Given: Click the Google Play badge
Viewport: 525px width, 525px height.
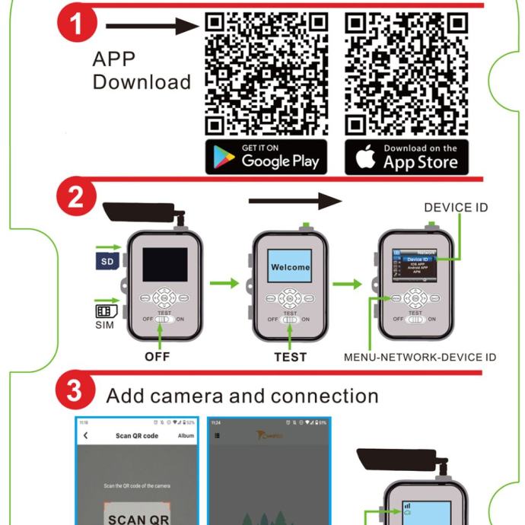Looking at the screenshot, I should coord(266,157).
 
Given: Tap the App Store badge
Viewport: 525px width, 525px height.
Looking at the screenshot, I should coord(406,157).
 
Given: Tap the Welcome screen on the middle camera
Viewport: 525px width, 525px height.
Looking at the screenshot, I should coord(290,267).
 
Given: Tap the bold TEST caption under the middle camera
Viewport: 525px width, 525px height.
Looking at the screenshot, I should coord(290,356).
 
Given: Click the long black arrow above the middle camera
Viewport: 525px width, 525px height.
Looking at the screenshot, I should coord(295,201).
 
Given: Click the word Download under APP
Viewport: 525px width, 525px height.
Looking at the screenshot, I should coord(142,82).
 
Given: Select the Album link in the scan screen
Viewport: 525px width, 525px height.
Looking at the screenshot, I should coord(186,435).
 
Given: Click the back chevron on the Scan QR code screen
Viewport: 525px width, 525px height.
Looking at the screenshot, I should coord(86,435).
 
